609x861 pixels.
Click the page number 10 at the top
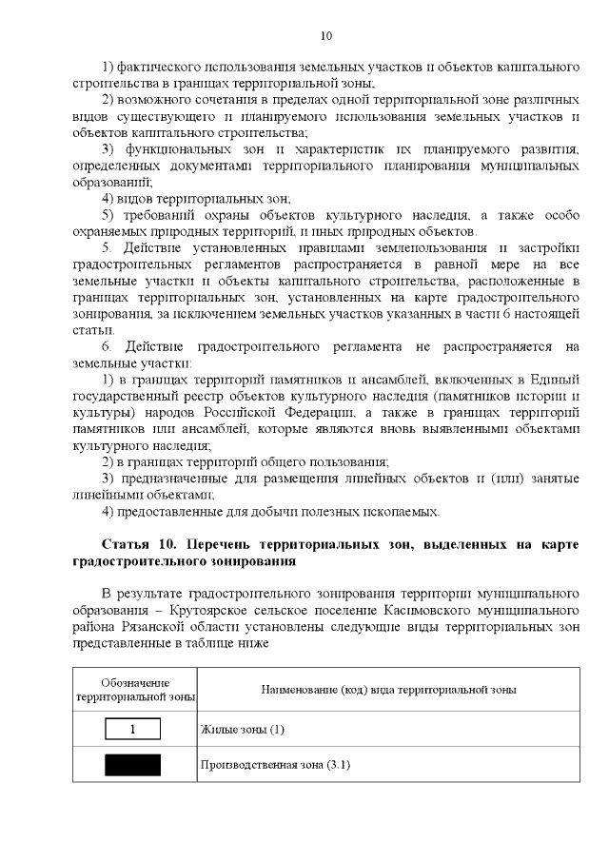[325, 36]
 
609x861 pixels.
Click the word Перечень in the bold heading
[209, 543]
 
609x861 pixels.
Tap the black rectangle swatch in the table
[132, 765]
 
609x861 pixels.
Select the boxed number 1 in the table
[132, 730]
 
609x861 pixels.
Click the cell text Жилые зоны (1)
[243, 730]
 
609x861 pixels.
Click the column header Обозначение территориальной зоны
[134, 690]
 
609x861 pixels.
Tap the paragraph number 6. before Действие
[108, 345]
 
